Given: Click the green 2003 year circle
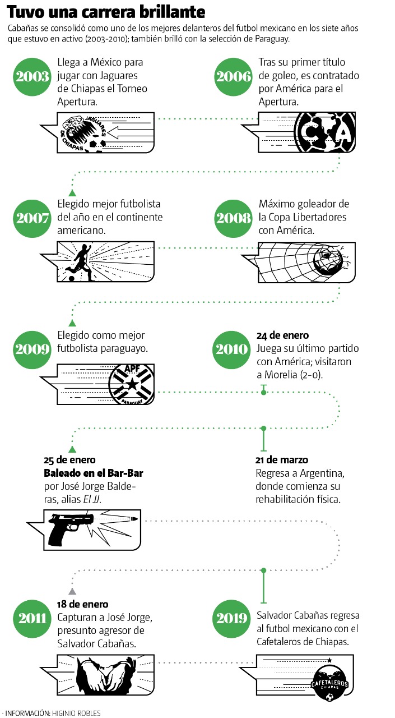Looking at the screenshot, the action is [x=32, y=77].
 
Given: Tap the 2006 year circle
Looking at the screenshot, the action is [x=233, y=77].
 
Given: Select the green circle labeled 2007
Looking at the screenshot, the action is [x=32, y=218].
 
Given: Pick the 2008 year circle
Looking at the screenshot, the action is [x=233, y=218].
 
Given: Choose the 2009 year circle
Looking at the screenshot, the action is [x=32, y=349].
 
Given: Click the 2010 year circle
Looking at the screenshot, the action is [x=231, y=349].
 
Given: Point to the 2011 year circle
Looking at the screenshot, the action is [x=32, y=619].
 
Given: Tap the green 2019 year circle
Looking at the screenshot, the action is [x=231, y=619].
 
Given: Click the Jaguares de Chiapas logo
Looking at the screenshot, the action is [x=84, y=134].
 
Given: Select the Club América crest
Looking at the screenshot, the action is [x=325, y=132].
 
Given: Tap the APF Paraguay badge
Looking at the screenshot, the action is [x=132, y=384].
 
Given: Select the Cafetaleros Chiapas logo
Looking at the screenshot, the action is [x=329, y=685].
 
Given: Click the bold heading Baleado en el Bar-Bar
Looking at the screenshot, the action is [x=94, y=473].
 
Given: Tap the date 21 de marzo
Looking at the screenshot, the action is [x=282, y=460].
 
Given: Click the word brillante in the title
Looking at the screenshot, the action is [x=168, y=12].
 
